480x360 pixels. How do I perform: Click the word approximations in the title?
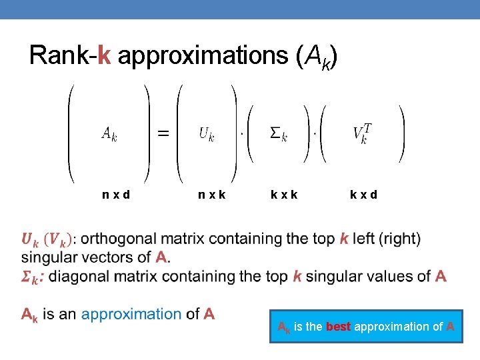[x=203, y=56]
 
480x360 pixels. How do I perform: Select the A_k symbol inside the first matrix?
[x=109, y=134]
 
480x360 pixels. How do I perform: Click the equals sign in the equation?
[x=162, y=133]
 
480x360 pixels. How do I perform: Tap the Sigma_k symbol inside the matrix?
[x=278, y=134]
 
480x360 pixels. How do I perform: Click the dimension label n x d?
[x=116, y=195]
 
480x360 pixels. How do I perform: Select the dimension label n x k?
[x=211, y=195]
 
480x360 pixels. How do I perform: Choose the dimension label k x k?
[x=284, y=195]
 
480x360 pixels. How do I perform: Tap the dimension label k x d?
[x=363, y=195]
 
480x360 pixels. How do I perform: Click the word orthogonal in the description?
[x=121, y=239]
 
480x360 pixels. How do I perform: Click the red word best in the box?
[x=339, y=327]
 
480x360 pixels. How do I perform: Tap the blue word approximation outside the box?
[x=131, y=314]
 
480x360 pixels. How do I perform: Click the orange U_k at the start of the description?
[x=29, y=239]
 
